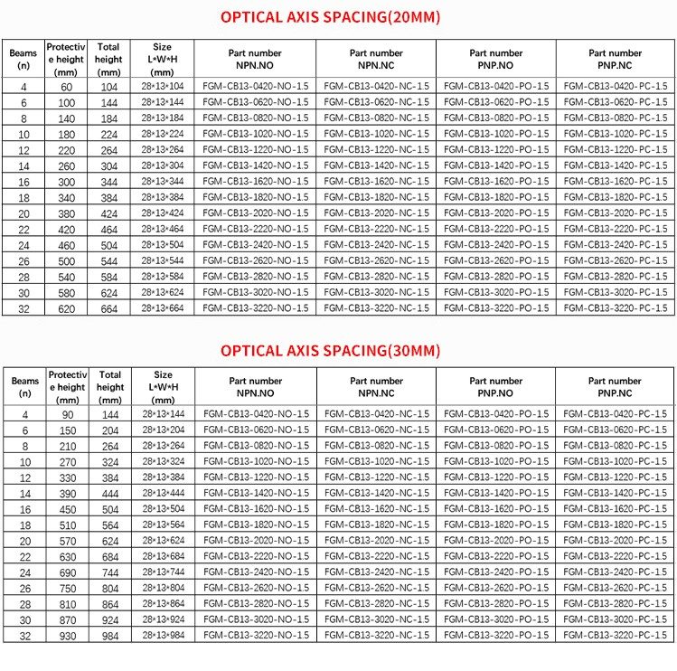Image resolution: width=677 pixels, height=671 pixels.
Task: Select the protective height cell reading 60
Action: tap(67, 86)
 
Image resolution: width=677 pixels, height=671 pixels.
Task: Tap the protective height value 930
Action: tap(67, 637)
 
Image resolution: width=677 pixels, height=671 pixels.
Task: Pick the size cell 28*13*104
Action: tap(163, 86)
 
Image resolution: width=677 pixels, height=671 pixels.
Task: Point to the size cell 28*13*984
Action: tap(163, 637)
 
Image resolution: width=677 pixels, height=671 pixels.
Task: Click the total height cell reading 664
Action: tap(110, 308)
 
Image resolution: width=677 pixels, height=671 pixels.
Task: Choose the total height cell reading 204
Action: tap(110, 430)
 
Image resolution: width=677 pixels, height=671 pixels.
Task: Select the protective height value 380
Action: tap(67, 213)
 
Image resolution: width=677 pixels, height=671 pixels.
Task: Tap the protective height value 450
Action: tap(67, 509)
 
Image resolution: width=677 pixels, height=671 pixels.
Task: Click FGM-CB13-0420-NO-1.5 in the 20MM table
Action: tap(256, 86)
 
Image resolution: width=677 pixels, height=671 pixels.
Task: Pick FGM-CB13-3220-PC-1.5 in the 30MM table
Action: tap(616, 637)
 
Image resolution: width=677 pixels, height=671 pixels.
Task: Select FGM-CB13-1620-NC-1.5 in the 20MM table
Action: tap(376, 182)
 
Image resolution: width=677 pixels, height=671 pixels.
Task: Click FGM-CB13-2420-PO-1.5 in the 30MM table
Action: tap(496, 572)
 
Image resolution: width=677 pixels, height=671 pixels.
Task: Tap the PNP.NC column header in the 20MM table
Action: tap(616, 59)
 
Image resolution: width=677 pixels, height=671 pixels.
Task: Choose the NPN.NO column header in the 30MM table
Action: tap(256, 387)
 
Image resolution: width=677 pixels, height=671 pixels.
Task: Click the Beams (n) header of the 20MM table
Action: tap(24, 59)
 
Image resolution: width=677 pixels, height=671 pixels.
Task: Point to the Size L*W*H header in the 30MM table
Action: tap(163, 387)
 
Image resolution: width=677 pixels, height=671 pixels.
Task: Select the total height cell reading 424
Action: tap(110, 213)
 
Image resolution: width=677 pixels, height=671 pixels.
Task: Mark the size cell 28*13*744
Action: tap(163, 572)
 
